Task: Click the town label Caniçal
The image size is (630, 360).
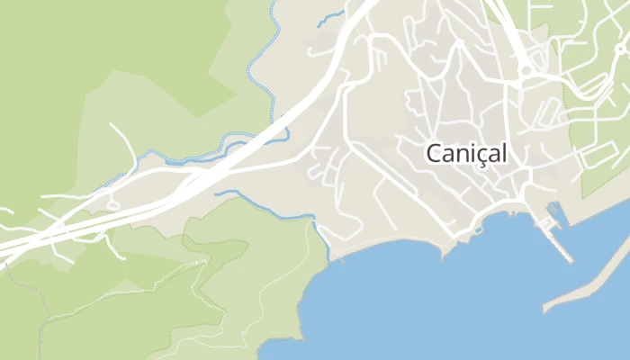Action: tap(466, 154)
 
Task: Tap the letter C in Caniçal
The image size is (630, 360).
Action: tap(434, 154)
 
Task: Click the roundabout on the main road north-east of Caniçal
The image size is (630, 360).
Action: tap(526, 69)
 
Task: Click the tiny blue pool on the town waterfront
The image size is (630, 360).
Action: tap(476, 229)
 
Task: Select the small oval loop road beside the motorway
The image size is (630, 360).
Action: tap(113, 204)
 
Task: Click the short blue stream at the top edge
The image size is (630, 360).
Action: tap(330, 15)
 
